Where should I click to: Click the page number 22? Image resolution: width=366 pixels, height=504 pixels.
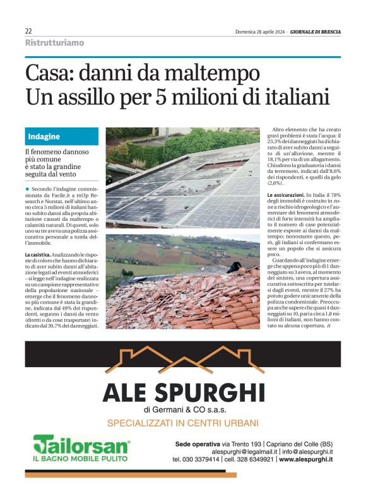click(28, 31)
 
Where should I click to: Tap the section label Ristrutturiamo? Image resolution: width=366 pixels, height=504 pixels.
click(54, 43)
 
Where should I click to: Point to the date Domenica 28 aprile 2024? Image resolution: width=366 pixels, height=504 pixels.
click(259, 31)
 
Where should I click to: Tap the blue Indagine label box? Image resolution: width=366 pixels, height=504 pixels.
click(62, 136)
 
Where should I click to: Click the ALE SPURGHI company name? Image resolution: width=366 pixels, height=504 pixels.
click(183, 391)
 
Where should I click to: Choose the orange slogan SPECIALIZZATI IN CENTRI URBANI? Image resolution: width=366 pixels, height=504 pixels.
click(183, 422)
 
